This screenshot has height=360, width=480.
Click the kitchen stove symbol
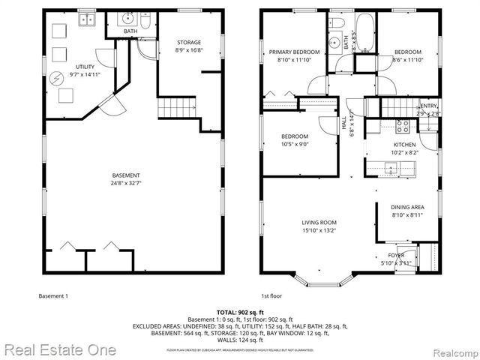click(x=401, y=125)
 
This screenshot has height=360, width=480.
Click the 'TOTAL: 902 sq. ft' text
click(x=240, y=311)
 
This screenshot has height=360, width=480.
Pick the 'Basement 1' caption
click(x=53, y=296)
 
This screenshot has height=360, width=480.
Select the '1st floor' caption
click(x=271, y=296)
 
